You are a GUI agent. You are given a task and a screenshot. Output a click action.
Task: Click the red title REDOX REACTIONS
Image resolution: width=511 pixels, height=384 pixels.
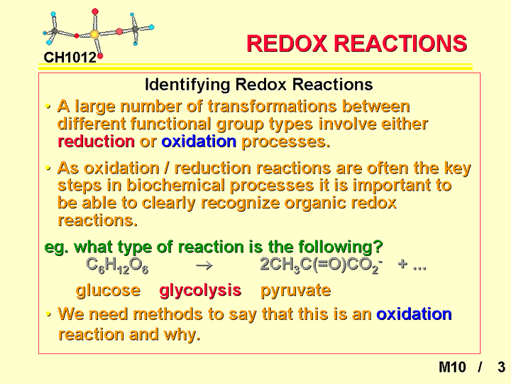(357, 43)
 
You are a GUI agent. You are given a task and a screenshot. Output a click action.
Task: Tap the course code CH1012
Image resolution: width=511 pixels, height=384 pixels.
(70, 58)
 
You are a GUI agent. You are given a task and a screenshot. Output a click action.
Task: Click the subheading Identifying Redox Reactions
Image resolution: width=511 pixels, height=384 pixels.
(259, 85)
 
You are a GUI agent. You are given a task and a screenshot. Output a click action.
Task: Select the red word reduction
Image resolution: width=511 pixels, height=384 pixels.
(96, 142)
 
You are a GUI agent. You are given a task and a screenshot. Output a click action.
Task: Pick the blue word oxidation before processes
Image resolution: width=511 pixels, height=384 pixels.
(199, 142)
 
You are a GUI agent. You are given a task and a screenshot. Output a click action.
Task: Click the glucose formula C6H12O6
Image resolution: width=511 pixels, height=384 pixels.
(117, 265)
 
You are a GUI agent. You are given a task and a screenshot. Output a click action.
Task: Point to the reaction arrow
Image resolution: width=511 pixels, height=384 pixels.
(204, 266)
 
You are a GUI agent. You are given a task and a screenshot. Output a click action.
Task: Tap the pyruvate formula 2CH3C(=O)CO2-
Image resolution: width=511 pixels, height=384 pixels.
(322, 265)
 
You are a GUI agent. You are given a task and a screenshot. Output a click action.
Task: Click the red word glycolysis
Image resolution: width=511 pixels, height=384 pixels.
(200, 291)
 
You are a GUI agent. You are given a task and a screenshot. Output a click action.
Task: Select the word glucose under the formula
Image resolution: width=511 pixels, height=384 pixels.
(108, 291)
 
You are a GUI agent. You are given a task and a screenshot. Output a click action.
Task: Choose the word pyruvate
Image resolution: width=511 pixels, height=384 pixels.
(295, 291)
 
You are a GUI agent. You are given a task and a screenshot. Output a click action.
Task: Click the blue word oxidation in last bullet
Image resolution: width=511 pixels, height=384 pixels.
(414, 314)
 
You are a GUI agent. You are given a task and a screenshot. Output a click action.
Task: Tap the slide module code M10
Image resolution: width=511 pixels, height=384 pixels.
(452, 367)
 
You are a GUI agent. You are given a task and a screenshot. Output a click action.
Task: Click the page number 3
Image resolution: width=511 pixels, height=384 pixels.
(501, 367)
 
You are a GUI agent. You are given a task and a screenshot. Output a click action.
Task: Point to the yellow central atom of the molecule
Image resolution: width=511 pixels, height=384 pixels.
(94, 34)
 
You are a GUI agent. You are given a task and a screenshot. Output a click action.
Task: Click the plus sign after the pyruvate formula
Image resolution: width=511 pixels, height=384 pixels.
(402, 264)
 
